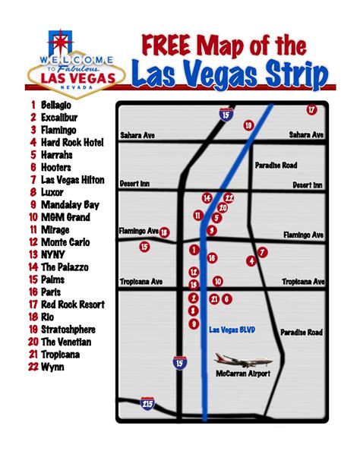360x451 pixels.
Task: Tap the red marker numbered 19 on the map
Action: pyautogui.click(x=248, y=125)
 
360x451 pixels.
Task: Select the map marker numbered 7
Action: pyautogui.click(x=263, y=251)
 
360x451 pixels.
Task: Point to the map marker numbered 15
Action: pyautogui.click(x=144, y=246)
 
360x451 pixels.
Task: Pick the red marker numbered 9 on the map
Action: pyautogui.click(x=194, y=323)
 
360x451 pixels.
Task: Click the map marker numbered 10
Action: pyautogui.click(x=217, y=280)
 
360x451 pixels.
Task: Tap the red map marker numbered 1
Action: pyautogui.click(x=194, y=249)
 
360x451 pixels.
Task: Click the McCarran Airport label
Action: pyautogui.click(x=243, y=374)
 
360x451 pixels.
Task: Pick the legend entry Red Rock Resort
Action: pyautogui.click(x=72, y=304)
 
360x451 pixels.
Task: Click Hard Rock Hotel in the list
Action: pyautogui.click(x=71, y=141)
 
